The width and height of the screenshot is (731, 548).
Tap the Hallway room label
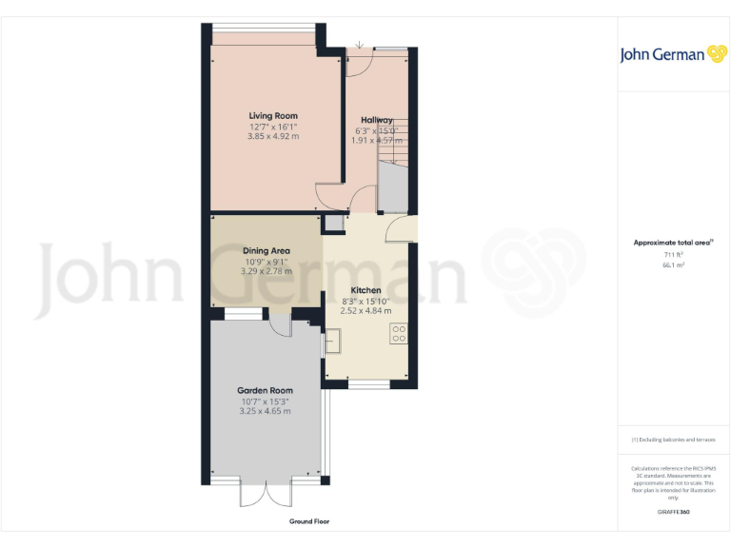pos(377,120)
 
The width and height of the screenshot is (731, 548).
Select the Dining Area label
pos(267,251)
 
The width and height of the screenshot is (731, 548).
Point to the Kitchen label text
pos(365,290)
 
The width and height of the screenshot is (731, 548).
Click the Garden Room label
pos(266,390)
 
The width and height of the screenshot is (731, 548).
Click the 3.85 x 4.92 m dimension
pos(273,136)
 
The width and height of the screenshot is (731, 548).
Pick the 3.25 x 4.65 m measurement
pos(266,410)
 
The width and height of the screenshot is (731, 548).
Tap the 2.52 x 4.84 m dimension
pos(365,310)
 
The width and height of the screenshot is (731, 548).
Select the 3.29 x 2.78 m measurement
pos(267,271)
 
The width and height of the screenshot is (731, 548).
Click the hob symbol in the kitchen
pos(399,334)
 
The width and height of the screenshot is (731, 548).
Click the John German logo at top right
pos(673,54)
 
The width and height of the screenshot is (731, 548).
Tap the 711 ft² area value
pos(673,255)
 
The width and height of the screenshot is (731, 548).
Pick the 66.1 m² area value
pos(673,265)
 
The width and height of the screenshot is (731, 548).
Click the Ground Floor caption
pos(309,521)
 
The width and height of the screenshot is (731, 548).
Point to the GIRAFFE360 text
pos(673,513)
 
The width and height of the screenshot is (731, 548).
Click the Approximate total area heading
pos(673,243)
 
